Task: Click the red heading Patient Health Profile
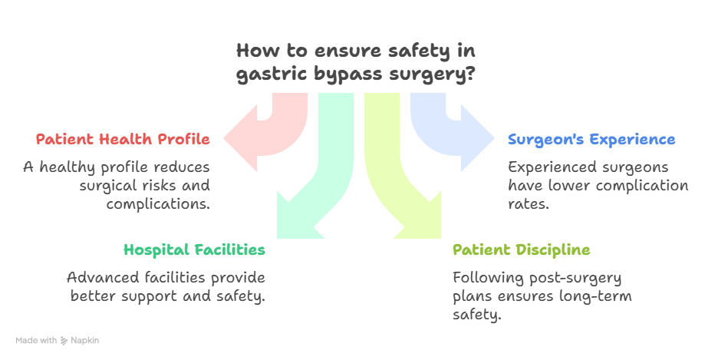(123, 140)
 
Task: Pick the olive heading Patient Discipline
(521, 250)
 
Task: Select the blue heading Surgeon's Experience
(591, 140)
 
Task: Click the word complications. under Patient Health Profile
(158, 204)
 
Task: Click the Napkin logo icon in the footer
(64, 340)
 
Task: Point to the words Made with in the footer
(36, 340)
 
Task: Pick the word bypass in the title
(338, 76)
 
